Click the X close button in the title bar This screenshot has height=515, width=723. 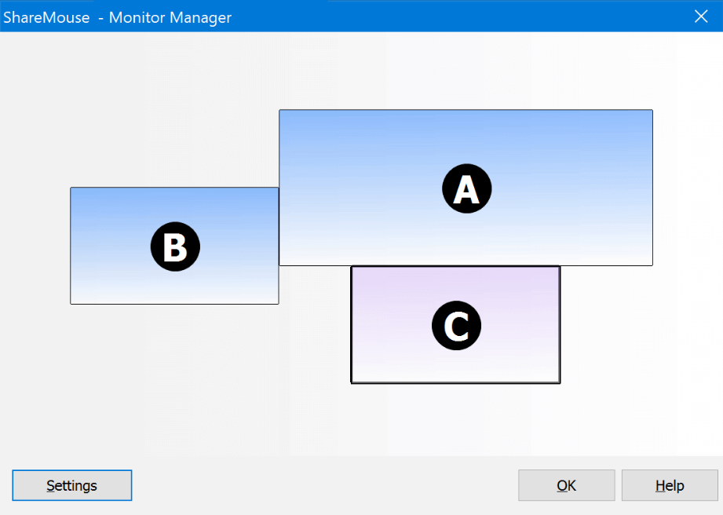click(701, 16)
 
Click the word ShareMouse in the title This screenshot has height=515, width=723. click(46, 17)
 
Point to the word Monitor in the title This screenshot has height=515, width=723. click(137, 17)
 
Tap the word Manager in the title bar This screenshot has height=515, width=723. click(201, 18)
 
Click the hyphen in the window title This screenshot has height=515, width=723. click(100, 19)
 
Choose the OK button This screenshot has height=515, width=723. click(566, 485)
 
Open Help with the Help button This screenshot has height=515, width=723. click(670, 485)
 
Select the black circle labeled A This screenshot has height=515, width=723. click(466, 188)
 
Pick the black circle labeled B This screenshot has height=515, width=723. click(175, 247)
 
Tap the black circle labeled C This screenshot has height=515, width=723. click(456, 326)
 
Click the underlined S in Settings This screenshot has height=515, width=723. click(50, 485)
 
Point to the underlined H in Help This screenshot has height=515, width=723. click(660, 485)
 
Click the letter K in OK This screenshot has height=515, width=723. click(571, 485)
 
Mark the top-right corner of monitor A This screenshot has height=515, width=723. click(652, 110)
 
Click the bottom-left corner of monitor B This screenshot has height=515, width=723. click(71, 304)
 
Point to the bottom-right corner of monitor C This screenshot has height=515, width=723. click(560, 382)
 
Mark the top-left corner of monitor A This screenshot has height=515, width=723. click(279, 110)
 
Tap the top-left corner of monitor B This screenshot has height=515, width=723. click(71, 188)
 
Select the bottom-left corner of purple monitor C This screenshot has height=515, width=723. click(352, 382)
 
